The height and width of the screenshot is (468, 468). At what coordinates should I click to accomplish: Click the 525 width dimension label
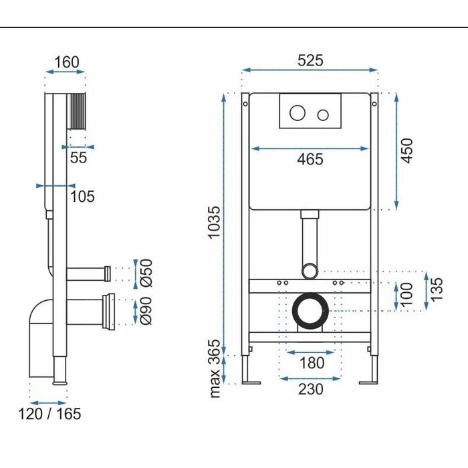310,60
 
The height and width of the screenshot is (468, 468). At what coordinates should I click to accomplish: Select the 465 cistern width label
310,159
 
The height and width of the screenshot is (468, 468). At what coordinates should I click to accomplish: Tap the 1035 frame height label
215,223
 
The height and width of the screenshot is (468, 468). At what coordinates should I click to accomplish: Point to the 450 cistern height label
406,150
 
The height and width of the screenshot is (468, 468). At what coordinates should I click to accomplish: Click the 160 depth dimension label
67,62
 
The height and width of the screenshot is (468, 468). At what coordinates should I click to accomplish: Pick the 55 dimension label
78,158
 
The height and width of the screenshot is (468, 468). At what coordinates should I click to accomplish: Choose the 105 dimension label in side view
82,197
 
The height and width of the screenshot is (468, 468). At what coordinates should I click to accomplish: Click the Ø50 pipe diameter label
146,273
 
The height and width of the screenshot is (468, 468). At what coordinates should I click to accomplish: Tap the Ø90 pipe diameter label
146,311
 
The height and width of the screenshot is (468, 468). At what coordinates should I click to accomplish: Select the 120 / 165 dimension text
49,414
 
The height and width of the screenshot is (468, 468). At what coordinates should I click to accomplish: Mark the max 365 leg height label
215,368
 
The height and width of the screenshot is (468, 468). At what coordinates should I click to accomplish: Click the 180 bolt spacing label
312,363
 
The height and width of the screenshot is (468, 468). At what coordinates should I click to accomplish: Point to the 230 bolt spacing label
311,389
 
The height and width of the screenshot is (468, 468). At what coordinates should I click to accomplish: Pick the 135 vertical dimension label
437,289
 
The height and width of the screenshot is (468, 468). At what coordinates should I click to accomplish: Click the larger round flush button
298,113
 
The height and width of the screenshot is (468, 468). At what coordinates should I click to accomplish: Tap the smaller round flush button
323,115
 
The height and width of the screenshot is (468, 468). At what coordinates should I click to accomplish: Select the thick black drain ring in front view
310,294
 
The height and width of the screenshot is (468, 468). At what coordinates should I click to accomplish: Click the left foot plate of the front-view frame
251,382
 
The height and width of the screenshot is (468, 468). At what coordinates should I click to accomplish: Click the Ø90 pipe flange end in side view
109,312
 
